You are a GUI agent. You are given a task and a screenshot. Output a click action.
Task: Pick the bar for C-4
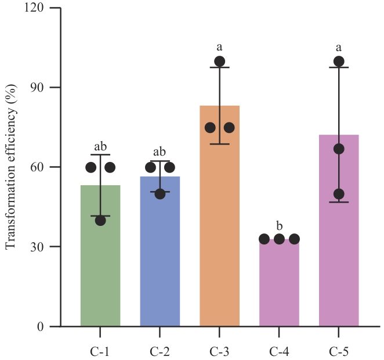click(x=280, y=285)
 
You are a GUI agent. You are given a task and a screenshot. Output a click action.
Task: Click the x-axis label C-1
click(x=100, y=351)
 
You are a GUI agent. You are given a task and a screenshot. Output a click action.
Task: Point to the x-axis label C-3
click(x=220, y=351)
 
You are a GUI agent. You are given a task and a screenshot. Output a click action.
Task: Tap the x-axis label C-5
click(x=339, y=351)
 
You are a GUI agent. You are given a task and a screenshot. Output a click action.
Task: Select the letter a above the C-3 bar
click(x=220, y=47)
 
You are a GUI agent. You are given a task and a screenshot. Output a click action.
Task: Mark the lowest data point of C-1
click(x=100, y=220)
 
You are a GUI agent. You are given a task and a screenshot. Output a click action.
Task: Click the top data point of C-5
click(x=339, y=61)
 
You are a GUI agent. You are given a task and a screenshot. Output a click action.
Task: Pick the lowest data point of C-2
click(x=160, y=193)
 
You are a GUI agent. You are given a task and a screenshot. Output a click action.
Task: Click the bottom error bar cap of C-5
click(x=339, y=202)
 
